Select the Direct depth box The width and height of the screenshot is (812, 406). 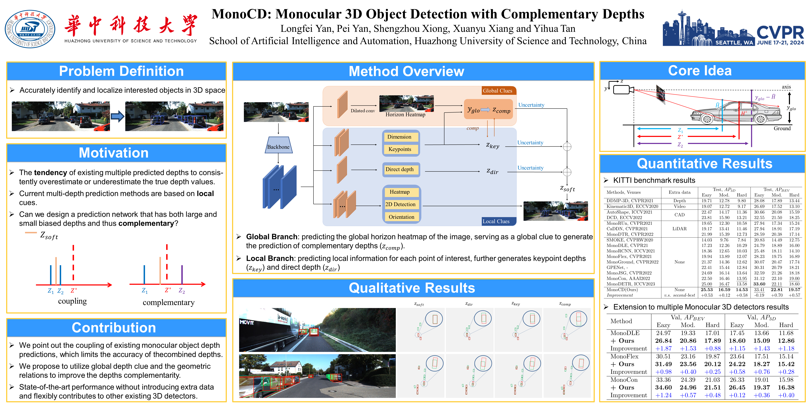[x=400, y=170]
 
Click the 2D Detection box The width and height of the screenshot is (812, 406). [x=400, y=204]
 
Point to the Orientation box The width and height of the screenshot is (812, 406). [x=401, y=217]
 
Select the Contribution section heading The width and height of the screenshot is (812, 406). [x=114, y=328]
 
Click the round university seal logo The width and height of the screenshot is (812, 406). [x=30, y=29]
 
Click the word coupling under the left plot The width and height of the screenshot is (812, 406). [x=72, y=301]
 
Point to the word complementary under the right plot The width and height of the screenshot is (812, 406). [x=169, y=303]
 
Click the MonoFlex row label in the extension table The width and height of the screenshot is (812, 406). [x=624, y=356]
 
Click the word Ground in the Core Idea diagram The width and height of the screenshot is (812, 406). [x=782, y=128]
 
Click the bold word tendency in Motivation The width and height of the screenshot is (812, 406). [x=50, y=173]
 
